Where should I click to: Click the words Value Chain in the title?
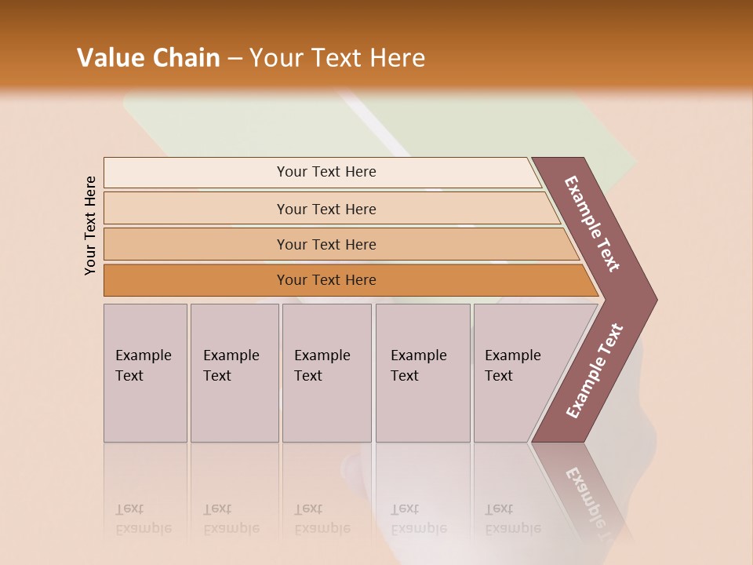click(x=148, y=58)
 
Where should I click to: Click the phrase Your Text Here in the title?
click(x=337, y=58)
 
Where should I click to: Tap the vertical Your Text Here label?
click(x=90, y=225)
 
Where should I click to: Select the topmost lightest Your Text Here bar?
click(x=326, y=172)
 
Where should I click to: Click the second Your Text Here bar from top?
click(x=326, y=209)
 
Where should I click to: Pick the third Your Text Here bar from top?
click(x=326, y=244)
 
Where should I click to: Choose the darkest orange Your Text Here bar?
click(x=326, y=280)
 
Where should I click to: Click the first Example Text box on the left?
click(x=145, y=373)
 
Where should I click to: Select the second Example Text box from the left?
click(x=234, y=373)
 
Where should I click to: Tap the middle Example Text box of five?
click(x=326, y=373)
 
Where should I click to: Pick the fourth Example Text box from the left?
click(x=422, y=373)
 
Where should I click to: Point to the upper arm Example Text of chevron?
click(x=593, y=224)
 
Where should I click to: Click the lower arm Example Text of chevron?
click(x=595, y=370)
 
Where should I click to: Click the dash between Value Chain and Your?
click(x=235, y=59)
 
